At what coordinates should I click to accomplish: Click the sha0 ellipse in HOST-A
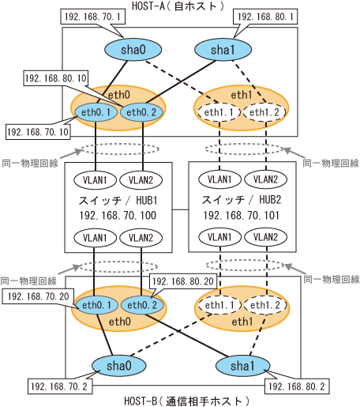click(x=133, y=50)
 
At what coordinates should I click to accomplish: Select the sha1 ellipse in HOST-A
click(x=223, y=50)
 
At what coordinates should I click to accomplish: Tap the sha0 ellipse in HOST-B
click(x=119, y=366)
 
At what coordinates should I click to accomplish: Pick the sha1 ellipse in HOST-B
click(x=242, y=366)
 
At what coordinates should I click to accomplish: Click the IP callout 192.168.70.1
click(x=92, y=17)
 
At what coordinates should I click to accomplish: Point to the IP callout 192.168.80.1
click(x=265, y=17)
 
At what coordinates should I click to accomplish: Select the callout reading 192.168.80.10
click(x=56, y=78)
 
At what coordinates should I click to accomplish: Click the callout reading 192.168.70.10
click(x=39, y=131)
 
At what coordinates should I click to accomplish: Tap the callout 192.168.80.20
click(x=183, y=281)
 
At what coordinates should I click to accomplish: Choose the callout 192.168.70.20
click(x=38, y=296)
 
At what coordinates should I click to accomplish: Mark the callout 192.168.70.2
click(x=60, y=386)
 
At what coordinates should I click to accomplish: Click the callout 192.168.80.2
click(x=297, y=386)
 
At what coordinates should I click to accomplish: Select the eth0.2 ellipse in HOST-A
click(x=141, y=112)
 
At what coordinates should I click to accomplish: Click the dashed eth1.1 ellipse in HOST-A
click(x=219, y=112)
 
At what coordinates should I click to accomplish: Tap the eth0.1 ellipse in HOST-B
click(x=97, y=305)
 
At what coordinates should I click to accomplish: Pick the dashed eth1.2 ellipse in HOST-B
click(x=265, y=305)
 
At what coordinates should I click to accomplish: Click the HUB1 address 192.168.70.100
click(x=118, y=216)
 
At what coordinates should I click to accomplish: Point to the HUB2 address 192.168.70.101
click(x=242, y=216)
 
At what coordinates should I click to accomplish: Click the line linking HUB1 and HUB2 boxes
click(x=181, y=209)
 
